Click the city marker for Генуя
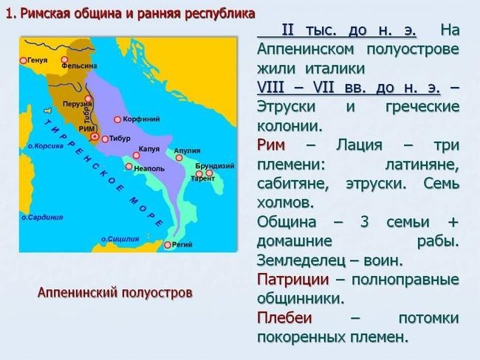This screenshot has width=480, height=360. [23, 60]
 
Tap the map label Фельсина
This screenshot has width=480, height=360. [79, 66]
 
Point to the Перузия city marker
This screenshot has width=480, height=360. [88, 99]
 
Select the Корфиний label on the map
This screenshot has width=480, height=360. [141, 119]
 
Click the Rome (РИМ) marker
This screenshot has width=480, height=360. [95, 136]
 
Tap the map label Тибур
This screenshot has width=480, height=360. [120, 138]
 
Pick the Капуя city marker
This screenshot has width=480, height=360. [136, 156]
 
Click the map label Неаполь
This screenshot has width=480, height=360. [149, 168]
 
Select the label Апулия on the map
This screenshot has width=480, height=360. [187, 150]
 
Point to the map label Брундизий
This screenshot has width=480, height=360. [215, 166]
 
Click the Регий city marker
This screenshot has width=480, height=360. [168, 245]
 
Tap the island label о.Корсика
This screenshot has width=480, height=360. [46, 146]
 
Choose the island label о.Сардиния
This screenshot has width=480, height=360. [42, 217]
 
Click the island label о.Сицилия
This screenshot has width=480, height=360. [120, 239]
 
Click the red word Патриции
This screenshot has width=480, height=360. [293, 280]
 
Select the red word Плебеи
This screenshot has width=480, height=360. [284, 318]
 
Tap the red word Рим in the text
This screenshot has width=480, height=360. [271, 145]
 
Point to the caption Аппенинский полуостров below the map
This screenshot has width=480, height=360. [115, 293]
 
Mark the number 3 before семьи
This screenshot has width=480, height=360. [364, 222]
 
